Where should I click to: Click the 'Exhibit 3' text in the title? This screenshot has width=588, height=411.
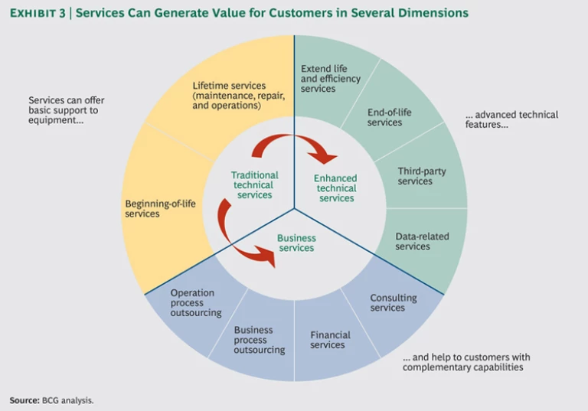[38, 13]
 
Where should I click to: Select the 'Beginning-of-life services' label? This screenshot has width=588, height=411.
[152, 209]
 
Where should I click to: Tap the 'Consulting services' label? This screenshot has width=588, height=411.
[393, 302]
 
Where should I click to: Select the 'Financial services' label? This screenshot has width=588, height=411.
[330, 340]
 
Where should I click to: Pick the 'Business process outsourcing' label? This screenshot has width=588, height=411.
[260, 340]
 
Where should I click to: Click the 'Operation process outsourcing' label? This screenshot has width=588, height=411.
[196, 302]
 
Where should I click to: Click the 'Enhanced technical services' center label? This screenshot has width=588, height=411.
[336, 188]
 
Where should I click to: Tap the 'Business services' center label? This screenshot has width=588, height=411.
[296, 243]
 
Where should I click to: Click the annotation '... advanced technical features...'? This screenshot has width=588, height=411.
[511, 119]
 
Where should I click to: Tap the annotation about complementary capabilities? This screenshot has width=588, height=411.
[466, 362]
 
